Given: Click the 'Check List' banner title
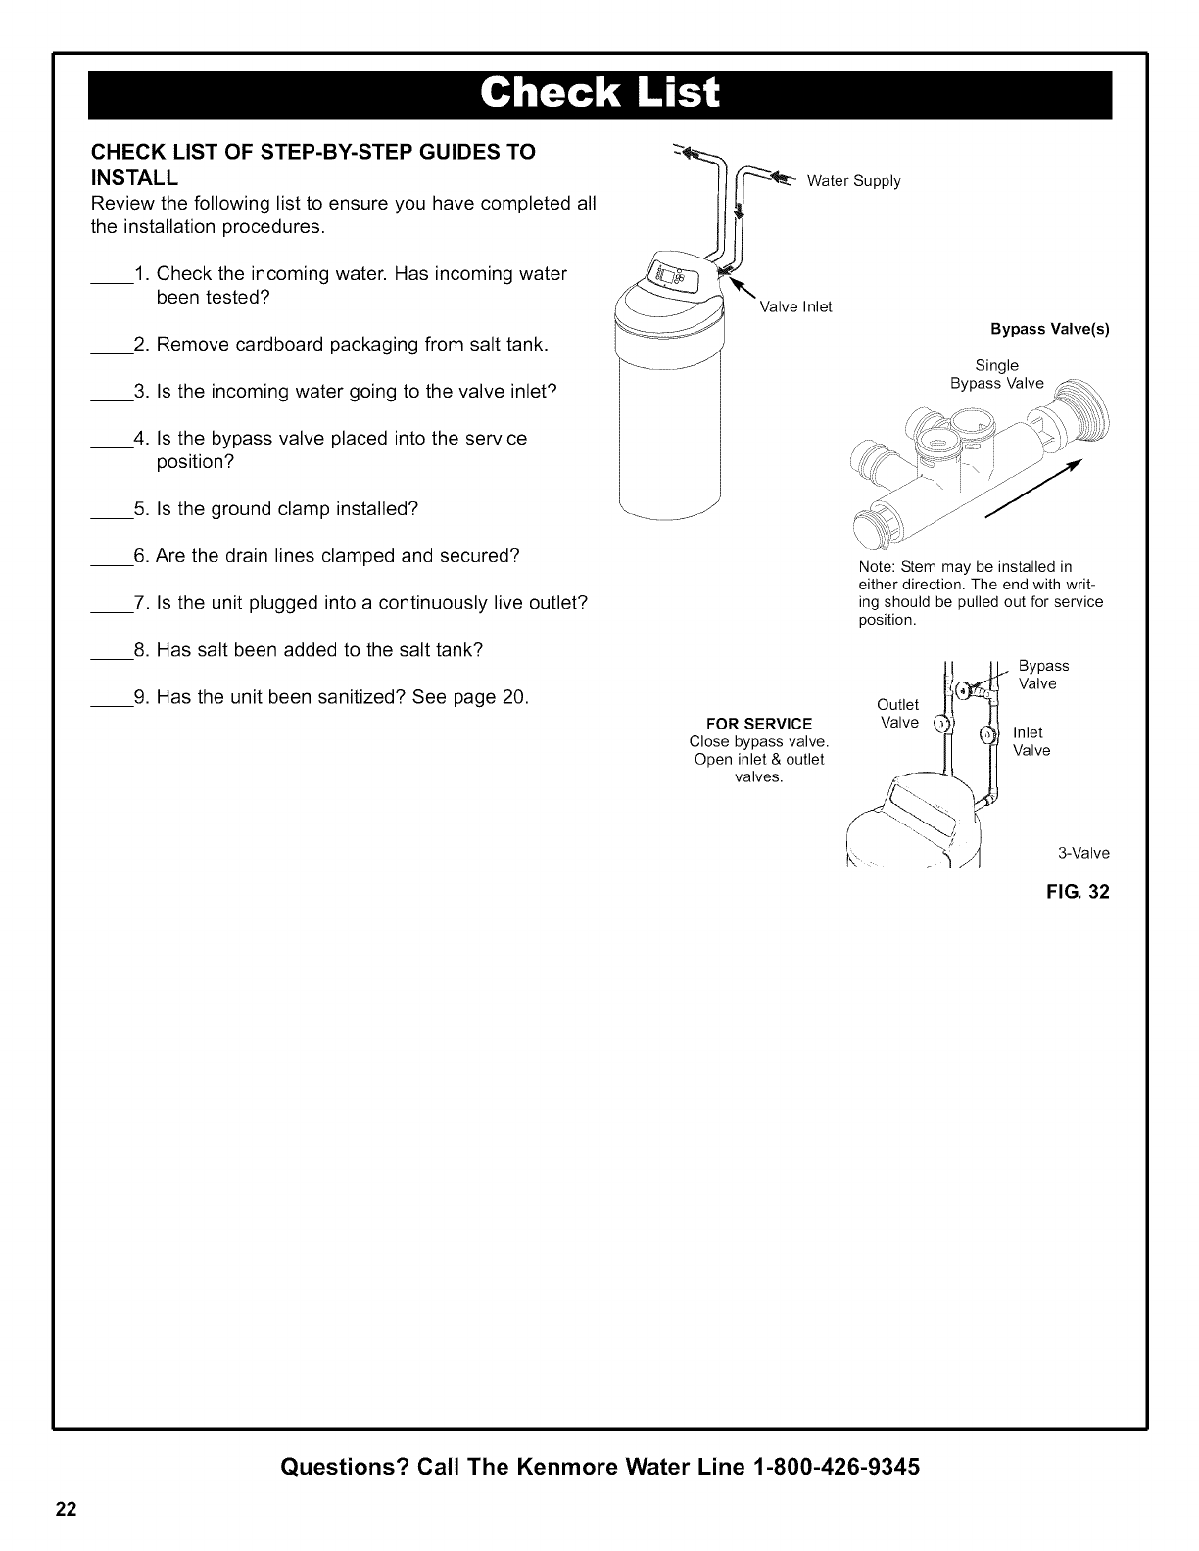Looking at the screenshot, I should pos(599,94).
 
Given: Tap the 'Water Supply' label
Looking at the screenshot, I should pos(853,181).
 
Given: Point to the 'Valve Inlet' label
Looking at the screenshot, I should pos(795,307).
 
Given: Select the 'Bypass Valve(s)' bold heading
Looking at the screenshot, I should pos(1050,330).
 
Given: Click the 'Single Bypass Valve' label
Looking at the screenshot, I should pos(997,374).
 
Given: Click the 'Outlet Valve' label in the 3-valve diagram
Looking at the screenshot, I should pos(898,714).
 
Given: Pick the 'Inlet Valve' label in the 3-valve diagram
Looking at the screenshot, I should pos(1031,741).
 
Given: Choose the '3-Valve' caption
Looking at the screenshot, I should pos(1083,853).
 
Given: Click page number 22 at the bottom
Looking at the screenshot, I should pos(65,1509).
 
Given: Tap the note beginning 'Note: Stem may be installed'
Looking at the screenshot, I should pos(980,593).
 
